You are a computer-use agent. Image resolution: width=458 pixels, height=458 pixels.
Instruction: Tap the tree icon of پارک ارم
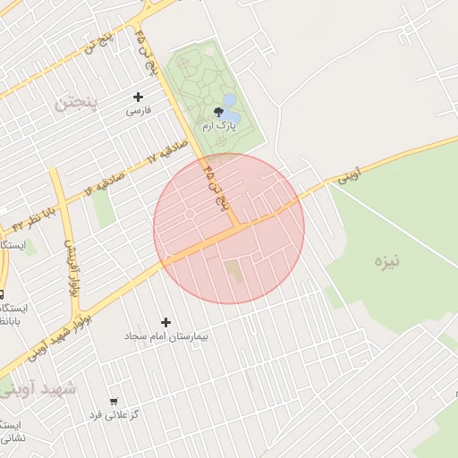pyautogui.click(x=219, y=112)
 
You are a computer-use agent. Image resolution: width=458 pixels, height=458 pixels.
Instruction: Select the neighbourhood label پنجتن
pyautogui.click(x=73, y=102)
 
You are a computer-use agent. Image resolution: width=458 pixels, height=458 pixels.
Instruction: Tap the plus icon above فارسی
pyautogui.click(x=138, y=97)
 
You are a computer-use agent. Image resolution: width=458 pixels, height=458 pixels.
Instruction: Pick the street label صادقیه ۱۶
pyautogui.click(x=106, y=180)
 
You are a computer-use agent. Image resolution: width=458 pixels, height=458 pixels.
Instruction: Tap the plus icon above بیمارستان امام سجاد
pyautogui.click(x=165, y=322)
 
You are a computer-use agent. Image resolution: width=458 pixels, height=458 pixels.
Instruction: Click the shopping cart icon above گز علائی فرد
pyautogui.click(x=113, y=402)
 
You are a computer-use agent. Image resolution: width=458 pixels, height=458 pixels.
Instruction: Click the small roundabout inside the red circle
pyautogui.click(x=189, y=215)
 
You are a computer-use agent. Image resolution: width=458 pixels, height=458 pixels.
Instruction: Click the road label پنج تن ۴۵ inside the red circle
pyautogui.click(x=220, y=185)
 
